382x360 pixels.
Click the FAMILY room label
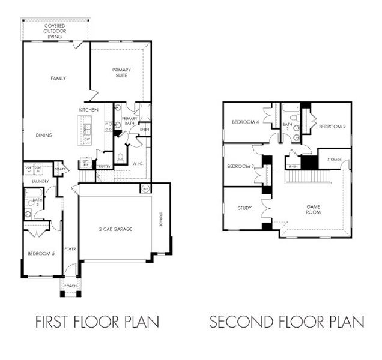[58, 79]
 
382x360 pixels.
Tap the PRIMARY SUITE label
[122, 73]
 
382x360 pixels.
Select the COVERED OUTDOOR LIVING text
[55, 31]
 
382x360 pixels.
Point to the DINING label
[44, 136]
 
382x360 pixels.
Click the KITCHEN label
[88, 110]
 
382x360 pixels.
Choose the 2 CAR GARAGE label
[115, 229]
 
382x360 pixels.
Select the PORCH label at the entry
[70, 286]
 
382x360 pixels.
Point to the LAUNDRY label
[32, 180]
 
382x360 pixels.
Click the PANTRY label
[103, 167]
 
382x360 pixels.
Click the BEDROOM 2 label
[332, 127]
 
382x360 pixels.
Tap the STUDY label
[237, 209]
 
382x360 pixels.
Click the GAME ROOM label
[312, 209]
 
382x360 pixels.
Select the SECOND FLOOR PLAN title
[286, 323]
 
